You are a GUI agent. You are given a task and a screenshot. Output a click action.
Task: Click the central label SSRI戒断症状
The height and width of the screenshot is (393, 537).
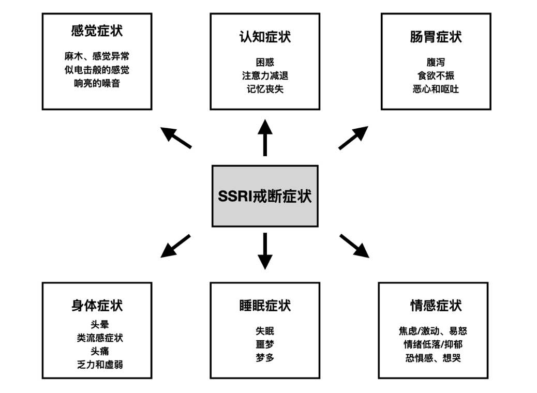tap(265, 196)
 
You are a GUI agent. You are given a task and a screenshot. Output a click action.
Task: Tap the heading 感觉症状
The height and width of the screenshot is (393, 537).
tap(97, 31)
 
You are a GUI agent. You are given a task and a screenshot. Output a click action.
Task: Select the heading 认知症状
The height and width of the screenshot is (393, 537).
tap(265, 37)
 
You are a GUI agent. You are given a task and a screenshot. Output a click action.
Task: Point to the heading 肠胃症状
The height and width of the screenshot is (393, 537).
tap(436, 37)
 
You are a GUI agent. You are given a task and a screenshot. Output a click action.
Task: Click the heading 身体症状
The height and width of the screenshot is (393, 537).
tap(97, 306)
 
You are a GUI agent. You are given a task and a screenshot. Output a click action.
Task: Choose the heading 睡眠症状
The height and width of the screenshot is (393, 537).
tap(265, 306)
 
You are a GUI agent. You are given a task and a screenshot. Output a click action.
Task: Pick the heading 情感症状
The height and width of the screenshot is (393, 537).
tap(436, 306)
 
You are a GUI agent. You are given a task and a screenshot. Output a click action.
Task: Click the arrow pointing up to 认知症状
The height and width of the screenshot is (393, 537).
tap(265, 138)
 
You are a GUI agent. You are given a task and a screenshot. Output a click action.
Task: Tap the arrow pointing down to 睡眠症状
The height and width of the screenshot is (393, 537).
tap(265, 251)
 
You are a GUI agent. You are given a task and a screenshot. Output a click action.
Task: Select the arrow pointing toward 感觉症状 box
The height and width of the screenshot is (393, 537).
tap(176, 138)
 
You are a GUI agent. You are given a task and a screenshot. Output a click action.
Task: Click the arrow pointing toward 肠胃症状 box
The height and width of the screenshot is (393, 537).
tap(353, 138)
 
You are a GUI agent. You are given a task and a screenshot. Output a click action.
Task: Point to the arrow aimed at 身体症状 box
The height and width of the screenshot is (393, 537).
tap(175, 246)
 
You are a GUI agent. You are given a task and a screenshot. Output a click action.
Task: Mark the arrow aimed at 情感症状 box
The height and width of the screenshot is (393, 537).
tap(354, 246)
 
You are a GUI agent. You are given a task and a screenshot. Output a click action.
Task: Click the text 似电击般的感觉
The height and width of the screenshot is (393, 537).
tap(97, 70)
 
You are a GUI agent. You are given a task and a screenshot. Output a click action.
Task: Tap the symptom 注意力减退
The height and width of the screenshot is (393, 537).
tap(265, 75)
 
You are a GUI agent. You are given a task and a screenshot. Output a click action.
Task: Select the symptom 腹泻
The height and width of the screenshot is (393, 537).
tap(436, 62)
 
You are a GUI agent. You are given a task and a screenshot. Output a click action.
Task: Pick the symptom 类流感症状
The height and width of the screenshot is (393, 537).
tap(100, 338)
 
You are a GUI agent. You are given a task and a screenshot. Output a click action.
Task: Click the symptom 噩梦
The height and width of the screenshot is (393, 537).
tap(265, 344)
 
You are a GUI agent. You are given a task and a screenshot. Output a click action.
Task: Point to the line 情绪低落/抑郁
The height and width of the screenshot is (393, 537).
tap(433, 344)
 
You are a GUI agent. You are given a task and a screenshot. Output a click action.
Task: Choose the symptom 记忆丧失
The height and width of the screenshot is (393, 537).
tap(265, 89)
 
